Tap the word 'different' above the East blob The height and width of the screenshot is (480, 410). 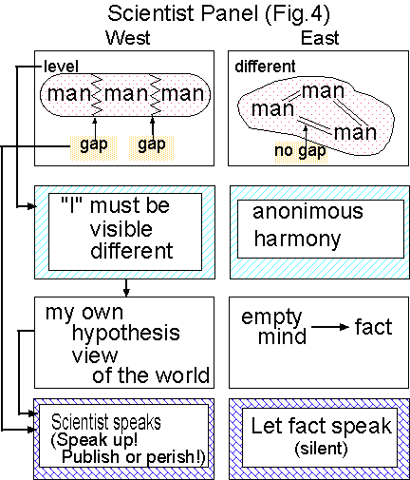(x=267, y=66)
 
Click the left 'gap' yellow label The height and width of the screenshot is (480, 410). (x=94, y=144)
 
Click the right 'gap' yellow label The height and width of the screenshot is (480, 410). (x=153, y=144)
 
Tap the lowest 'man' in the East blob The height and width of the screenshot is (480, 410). (x=356, y=131)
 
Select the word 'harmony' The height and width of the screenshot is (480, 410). (x=296, y=238)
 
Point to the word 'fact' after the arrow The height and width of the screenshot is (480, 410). (x=373, y=328)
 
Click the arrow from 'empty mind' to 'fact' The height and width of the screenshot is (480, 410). (x=329, y=328)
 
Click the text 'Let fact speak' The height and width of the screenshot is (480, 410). (x=321, y=425)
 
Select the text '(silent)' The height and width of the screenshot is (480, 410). (x=321, y=448)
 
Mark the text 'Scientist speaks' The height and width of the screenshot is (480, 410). (x=107, y=420)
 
